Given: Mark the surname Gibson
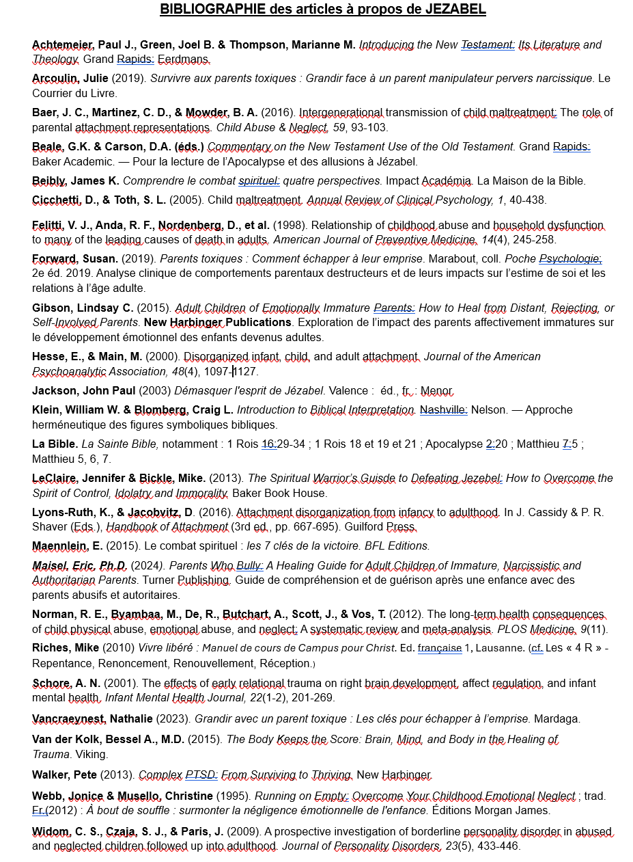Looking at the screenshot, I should [x=50, y=308].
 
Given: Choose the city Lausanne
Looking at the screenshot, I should [x=494, y=648].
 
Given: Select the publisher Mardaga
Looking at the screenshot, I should [x=557, y=718].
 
